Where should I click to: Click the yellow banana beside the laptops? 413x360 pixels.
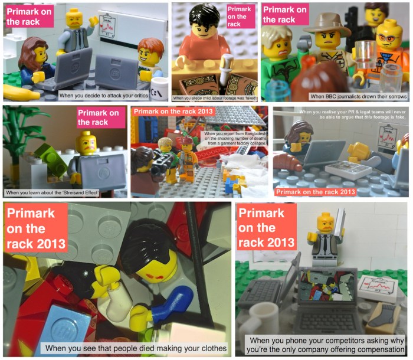click(21, 92)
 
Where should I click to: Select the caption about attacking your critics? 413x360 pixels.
click(112, 94)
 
